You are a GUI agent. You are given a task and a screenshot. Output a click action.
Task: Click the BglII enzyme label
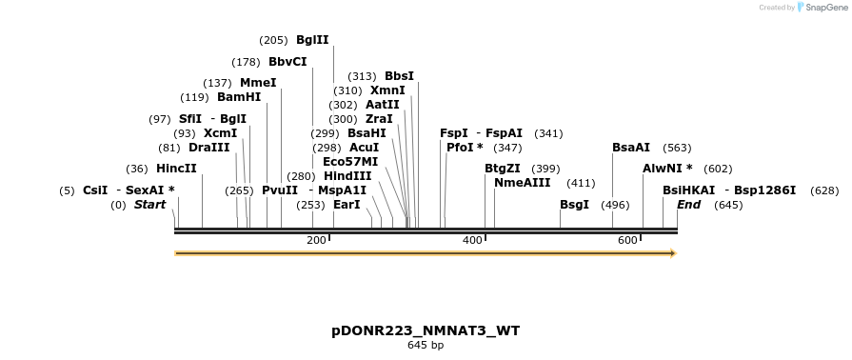312,40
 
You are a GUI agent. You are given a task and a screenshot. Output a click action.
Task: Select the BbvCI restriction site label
287,62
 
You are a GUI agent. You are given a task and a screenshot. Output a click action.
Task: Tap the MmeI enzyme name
258,83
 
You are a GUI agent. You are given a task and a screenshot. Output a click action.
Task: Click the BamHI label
239,97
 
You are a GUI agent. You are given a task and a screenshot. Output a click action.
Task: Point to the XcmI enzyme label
220,133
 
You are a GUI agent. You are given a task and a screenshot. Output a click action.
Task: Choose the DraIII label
208,148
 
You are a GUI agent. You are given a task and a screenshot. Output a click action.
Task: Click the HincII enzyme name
176,169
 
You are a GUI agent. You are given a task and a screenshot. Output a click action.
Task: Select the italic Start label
149,205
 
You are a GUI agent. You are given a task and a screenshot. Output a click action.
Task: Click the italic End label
688,205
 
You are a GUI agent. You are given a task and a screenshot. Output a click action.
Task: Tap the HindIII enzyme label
347,176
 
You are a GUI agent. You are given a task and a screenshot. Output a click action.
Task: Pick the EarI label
347,205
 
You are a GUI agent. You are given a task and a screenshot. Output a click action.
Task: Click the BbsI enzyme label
399,76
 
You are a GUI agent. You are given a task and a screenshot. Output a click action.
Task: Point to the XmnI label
387,90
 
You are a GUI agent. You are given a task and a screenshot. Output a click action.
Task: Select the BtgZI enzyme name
503,169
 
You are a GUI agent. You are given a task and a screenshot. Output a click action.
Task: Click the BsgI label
574,205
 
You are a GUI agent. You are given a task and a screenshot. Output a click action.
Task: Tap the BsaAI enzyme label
631,148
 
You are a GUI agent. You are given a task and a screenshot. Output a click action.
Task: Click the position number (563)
677,148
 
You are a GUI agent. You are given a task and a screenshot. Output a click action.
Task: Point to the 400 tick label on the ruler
472,241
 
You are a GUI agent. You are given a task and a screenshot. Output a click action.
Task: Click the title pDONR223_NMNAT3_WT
426,330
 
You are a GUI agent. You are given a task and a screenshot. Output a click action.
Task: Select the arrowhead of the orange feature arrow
672,253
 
